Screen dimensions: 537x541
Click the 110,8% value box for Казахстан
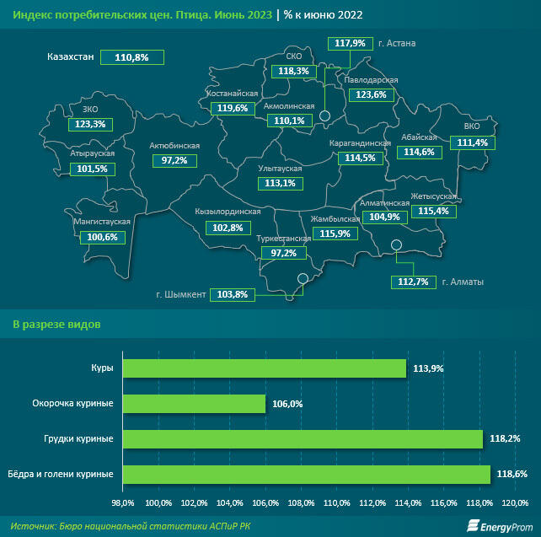coord(131,57)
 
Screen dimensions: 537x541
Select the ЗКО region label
coord(90,109)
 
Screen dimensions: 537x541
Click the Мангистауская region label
coord(101,222)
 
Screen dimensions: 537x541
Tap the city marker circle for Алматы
coord(397,246)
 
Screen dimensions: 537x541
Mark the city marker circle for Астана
coord(324,123)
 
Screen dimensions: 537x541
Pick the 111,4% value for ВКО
coord(471,142)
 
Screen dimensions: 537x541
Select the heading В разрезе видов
coord(57,324)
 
